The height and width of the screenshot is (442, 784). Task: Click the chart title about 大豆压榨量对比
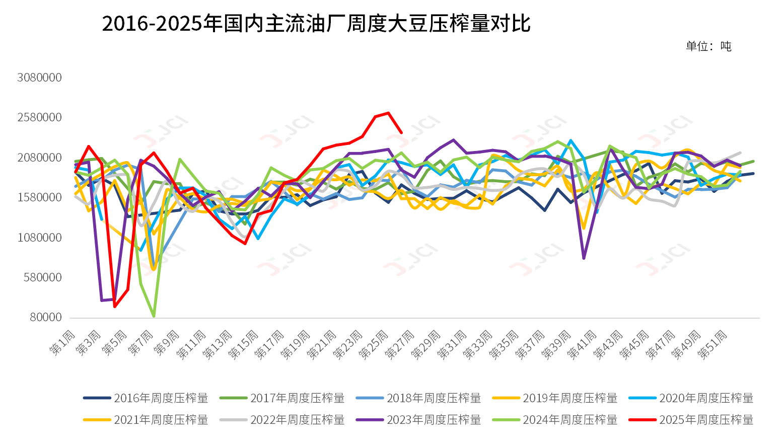point(316,24)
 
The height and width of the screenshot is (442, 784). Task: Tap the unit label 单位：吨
point(708,46)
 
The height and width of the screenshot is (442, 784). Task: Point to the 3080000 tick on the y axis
point(40,78)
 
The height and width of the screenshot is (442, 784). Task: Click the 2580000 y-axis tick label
point(40,117)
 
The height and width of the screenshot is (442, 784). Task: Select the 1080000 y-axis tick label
point(40,237)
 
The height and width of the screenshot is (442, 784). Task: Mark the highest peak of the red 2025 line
point(388,113)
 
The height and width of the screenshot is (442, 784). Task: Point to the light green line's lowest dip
point(154,316)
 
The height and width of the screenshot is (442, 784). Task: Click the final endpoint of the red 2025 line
point(401,132)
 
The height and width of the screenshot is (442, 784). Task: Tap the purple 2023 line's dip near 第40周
point(584,258)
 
